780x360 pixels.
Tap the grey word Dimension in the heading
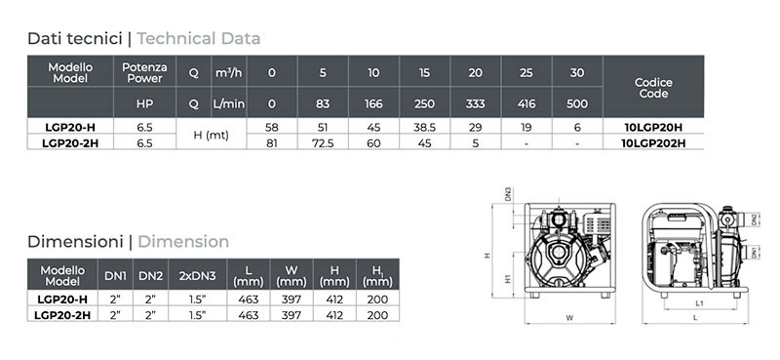click(183, 241)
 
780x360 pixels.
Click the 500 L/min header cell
click(577, 102)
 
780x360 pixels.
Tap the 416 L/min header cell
click(526, 102)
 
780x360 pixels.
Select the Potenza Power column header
click(146, 72)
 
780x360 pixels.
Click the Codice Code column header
click(653, 88)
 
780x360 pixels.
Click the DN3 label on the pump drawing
click(508, 194)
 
